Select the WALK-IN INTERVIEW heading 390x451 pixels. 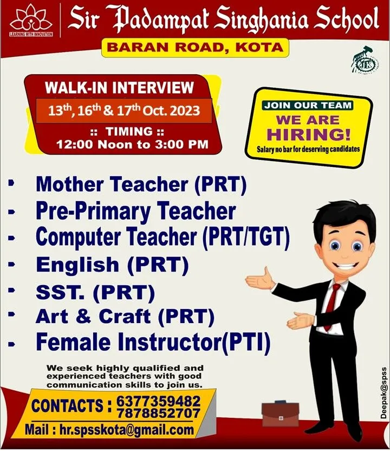click(120, 87)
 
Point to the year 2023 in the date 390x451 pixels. click(185, 111)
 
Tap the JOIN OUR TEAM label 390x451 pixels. click(308, 105)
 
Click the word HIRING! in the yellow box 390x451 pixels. click(309, 134)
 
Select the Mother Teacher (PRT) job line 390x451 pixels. click(141, 184)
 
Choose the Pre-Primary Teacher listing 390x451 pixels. click(135, 211)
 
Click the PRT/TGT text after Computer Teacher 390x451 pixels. click(246, 237)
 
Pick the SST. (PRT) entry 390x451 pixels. click(95, 292)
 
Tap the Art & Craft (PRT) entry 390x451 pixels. click(125, 317)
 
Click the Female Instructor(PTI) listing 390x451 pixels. click(153, 342)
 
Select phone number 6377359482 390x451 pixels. click(159, 401)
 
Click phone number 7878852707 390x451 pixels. click(159, 413)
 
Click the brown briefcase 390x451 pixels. click(281, 414)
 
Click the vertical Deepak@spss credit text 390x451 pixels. click(384, 392)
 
